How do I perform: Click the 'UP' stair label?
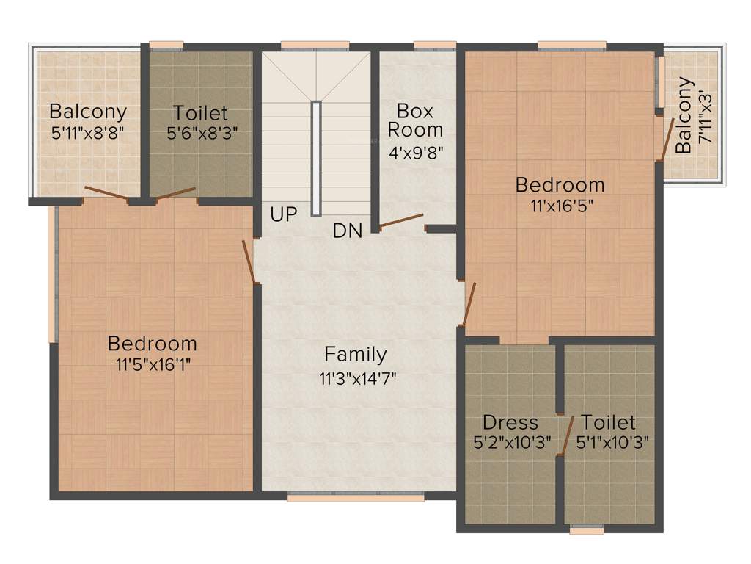[x=283, y=215]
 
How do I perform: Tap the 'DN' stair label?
[x=347, y=231]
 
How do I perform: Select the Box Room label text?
[x=415, y=120]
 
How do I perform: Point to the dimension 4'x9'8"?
[x=415, y=152]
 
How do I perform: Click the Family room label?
[x=356, y=355]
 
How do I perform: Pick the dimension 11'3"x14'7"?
[x=356, y=379]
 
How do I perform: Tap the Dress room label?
[x=510, y=422]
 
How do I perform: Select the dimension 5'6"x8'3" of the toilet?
[x=200, y=133]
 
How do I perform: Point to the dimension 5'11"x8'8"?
[x=87, y=133]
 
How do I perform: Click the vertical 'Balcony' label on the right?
[x=684, y=115]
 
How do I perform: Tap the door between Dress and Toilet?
[x=566, y=436]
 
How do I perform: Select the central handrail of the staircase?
[x=315, y=158]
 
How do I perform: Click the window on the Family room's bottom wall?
[x=355, y=498]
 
